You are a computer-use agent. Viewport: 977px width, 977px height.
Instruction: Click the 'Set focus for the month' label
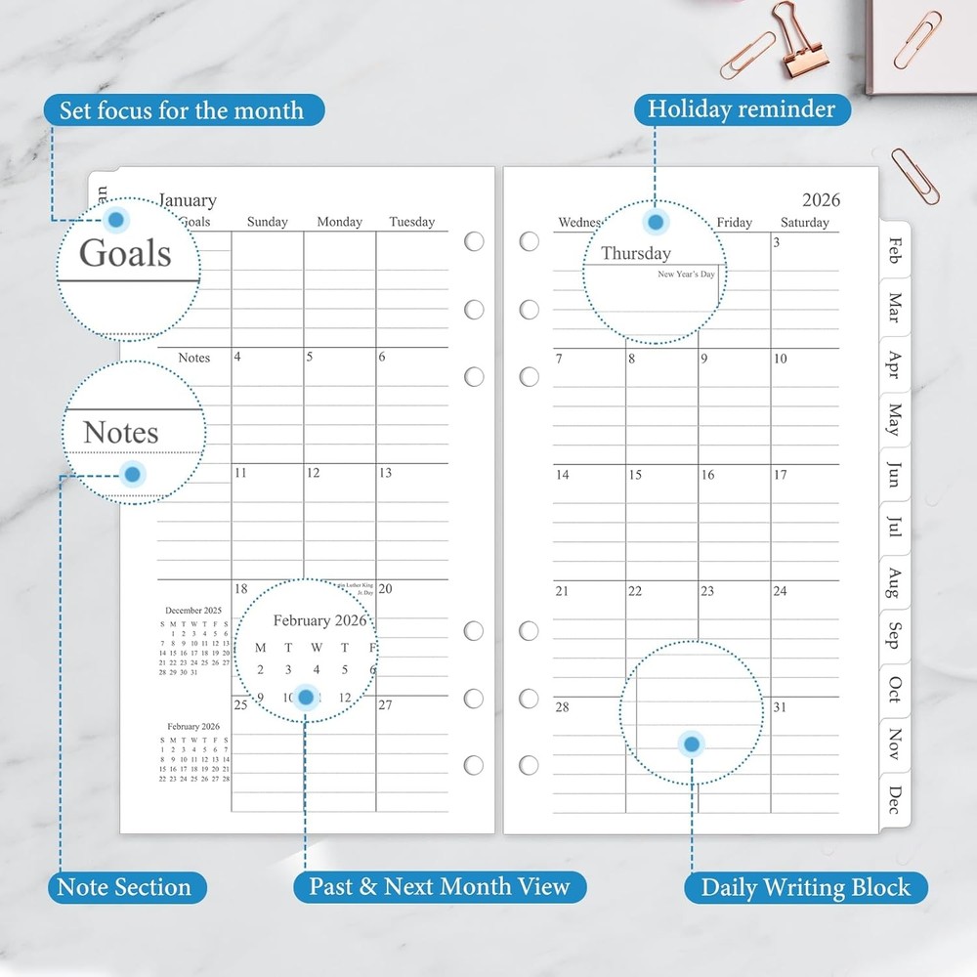tap(182, 110)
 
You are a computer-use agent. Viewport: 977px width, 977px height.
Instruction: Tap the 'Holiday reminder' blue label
tap(742, 108)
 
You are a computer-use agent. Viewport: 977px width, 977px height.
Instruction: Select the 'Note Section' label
tap(124, 887)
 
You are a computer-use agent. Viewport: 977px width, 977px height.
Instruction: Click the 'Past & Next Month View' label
tap(440, 887)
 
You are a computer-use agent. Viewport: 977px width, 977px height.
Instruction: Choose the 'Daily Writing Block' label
tap(805, 888)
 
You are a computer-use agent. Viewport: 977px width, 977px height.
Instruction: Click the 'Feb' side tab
tap(894, 250)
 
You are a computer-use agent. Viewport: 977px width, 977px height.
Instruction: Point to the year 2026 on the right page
tap(821, 200)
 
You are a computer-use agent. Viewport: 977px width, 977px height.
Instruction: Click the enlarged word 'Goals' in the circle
tap(125, 253)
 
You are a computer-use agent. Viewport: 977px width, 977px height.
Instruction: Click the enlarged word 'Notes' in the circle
tap(120, 432)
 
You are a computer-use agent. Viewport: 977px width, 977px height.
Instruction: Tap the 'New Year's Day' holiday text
tap(686, 275)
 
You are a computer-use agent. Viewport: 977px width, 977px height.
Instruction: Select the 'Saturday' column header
tap(805, 223)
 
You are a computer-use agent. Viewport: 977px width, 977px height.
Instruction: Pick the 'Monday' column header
tap(339, 223)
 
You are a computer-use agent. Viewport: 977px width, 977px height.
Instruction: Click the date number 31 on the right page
tap(780, 707)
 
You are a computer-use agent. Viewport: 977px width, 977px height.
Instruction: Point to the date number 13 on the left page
tap(385, 473)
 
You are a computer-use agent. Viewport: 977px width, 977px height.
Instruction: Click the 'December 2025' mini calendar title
tap(192, 611)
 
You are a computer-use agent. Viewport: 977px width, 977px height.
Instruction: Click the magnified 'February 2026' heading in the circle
tap(319, 620)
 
